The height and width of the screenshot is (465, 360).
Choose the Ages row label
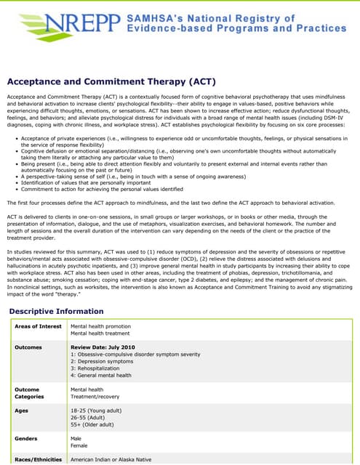23,411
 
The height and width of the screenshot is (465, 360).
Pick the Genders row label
28,439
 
